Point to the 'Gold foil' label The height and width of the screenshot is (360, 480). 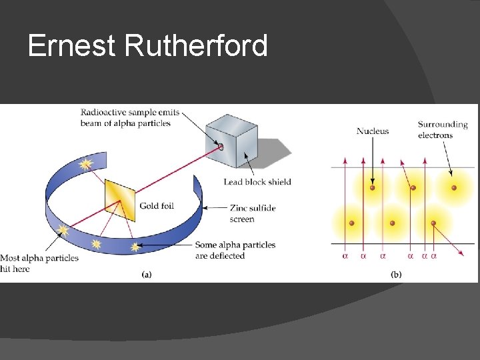(157, 206)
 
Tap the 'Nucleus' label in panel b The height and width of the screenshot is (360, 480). (373, 131)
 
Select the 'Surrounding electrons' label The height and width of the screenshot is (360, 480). (443, 129)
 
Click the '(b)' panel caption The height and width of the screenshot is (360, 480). (396, 274)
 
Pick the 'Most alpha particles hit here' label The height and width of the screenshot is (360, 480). (39, 263)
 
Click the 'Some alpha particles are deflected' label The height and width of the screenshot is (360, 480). (235, 250)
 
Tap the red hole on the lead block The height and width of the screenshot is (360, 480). (220, 147)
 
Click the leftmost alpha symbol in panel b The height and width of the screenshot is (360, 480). (345, 255)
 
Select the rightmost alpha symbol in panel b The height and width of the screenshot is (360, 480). (434, 255)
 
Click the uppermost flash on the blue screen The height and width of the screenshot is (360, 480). (85, 163)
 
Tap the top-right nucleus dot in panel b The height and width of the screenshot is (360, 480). (454, 188)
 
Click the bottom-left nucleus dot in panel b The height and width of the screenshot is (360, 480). (351, 223)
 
